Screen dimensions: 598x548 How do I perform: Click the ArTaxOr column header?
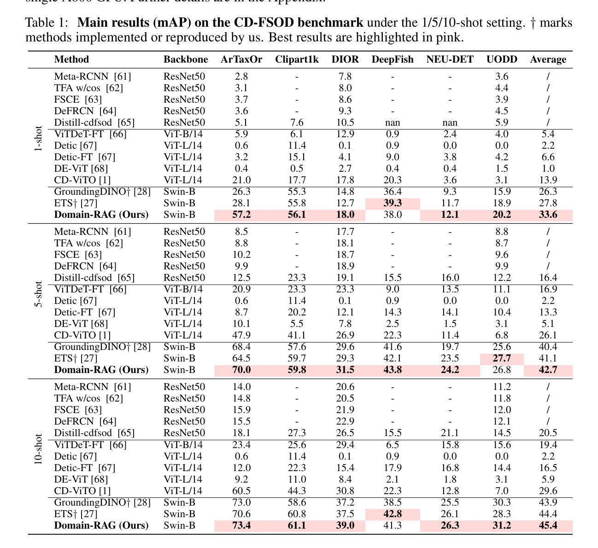point(241,59)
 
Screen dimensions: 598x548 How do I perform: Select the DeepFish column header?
point(393,59)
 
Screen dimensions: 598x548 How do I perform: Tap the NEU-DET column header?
point(450,59)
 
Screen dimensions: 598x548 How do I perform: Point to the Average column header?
point(548,59)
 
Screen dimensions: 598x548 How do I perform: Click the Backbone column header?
point(186,59)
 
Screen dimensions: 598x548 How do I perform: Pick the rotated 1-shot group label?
point(38,139)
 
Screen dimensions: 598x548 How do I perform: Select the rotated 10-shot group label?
point(38,449)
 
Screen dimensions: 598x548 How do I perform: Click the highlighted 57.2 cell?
point(241,215)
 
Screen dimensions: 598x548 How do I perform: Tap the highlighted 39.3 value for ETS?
point(393,203)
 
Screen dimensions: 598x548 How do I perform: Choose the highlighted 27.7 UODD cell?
point(502,358)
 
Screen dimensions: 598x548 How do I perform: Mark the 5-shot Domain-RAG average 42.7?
point(548,370)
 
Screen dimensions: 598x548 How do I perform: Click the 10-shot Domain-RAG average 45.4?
point(548,525)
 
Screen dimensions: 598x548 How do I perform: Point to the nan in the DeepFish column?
point(393,123)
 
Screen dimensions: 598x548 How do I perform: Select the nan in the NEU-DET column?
point(450,123)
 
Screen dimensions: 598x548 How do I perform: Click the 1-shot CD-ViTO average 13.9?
point(548,180)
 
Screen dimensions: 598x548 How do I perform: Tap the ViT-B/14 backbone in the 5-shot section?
point(183,289)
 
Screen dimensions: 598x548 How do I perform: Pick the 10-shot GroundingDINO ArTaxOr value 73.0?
point(241,502)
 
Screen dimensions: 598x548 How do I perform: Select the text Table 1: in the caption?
point(47,23)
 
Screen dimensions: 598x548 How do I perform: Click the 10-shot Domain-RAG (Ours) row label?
point(101,525)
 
